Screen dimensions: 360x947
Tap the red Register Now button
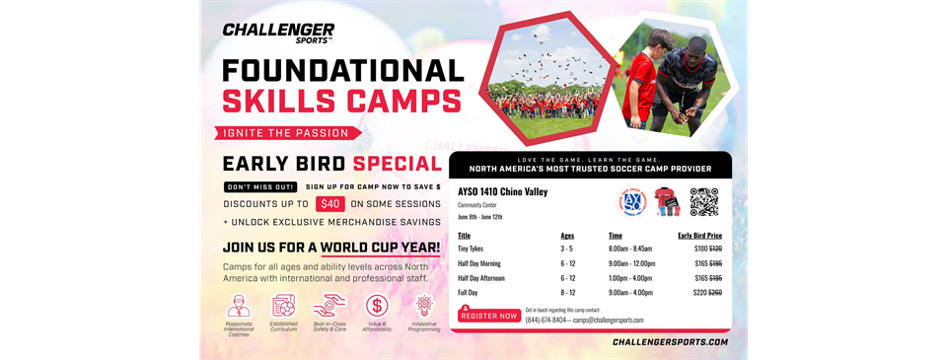point(488,316)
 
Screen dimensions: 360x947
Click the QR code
point(704,201)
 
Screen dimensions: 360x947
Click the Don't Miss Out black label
point(260,186)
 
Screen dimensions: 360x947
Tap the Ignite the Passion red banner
point(287,132)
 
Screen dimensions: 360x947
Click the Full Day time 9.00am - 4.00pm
point(631,292)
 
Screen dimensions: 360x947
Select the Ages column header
point(567,236)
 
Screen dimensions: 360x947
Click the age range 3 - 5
point(567,251)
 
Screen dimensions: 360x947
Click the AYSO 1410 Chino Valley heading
point(502,191)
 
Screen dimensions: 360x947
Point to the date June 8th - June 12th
point(480,216)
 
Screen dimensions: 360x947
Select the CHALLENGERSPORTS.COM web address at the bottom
point(670,342)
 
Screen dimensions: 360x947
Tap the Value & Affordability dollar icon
point(377,307)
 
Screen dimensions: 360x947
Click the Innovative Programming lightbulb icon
point(425,305)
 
